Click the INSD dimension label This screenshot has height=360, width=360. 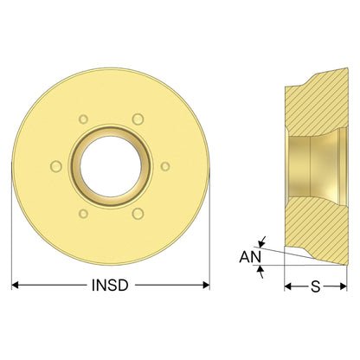110,286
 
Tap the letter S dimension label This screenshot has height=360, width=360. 316,286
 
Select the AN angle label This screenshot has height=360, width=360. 250,257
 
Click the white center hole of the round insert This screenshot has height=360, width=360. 111,166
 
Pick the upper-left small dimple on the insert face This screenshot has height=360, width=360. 83,119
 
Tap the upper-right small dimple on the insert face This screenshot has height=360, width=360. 138,119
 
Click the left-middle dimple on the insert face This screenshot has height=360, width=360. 56,166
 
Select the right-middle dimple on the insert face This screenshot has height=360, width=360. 165,166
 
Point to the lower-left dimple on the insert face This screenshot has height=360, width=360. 83,214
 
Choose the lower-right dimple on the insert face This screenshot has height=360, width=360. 138,214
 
